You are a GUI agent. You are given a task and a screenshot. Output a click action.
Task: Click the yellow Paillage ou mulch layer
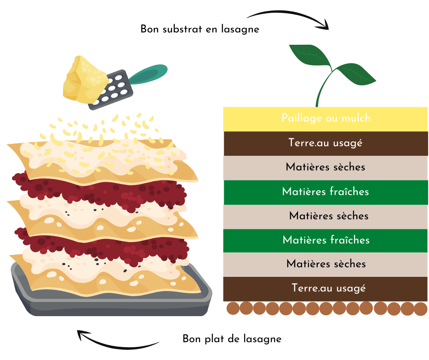coord(325,119)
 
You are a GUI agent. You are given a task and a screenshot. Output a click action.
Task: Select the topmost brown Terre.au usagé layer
coord(326,143)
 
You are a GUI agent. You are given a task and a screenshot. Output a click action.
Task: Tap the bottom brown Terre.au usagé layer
coord(325,289)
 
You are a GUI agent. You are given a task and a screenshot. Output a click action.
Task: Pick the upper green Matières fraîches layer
coord(326,192)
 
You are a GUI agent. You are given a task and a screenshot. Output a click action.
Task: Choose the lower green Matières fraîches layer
coord(325,241)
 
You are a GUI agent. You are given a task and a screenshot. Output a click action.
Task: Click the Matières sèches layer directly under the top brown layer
coord(325,168)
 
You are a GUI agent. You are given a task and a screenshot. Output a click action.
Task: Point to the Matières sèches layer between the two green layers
coord(325,217)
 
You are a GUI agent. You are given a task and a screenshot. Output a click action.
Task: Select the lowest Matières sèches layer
coord(325,265)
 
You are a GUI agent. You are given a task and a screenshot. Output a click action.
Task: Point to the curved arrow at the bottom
coord(115,345)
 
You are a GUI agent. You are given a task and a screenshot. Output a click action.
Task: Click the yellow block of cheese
coord(84,79)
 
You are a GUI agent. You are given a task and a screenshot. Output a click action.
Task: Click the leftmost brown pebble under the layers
coord(233,308)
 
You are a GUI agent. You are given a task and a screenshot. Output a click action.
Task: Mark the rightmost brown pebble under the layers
coord(421,309)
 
